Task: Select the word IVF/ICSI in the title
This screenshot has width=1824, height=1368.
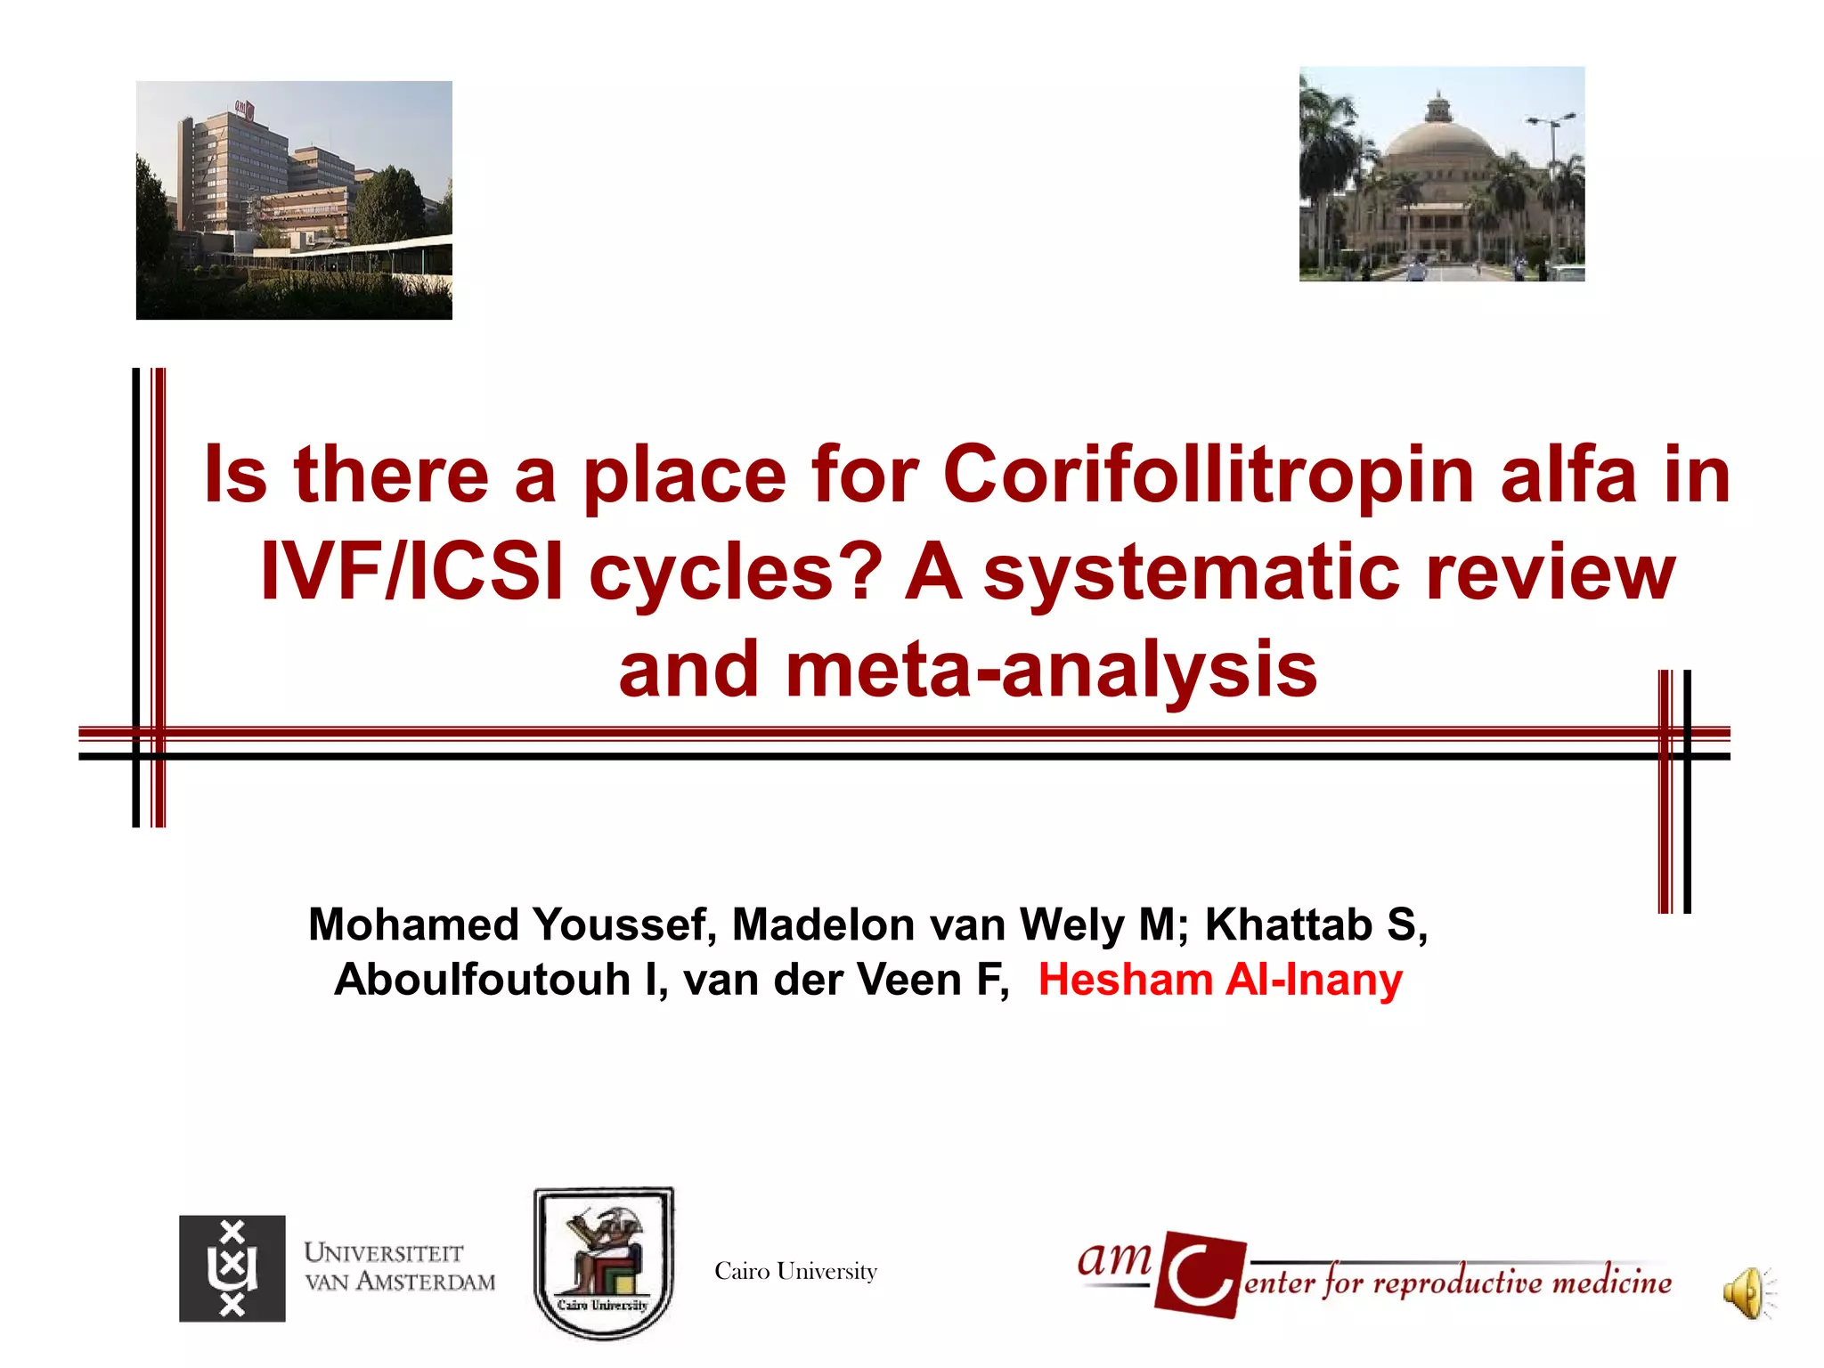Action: [411, 573]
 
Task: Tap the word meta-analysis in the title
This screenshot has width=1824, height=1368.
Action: [1051, 670]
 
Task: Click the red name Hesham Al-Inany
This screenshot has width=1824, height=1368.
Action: [1220, 980]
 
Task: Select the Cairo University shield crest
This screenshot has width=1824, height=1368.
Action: [604, 1262]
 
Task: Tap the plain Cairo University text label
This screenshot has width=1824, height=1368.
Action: [795, 1271]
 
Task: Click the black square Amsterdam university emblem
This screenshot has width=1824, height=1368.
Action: [232, 1268]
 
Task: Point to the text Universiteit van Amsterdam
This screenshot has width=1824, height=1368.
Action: [399, 1266]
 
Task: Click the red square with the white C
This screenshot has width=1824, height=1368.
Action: [1199, 1274]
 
